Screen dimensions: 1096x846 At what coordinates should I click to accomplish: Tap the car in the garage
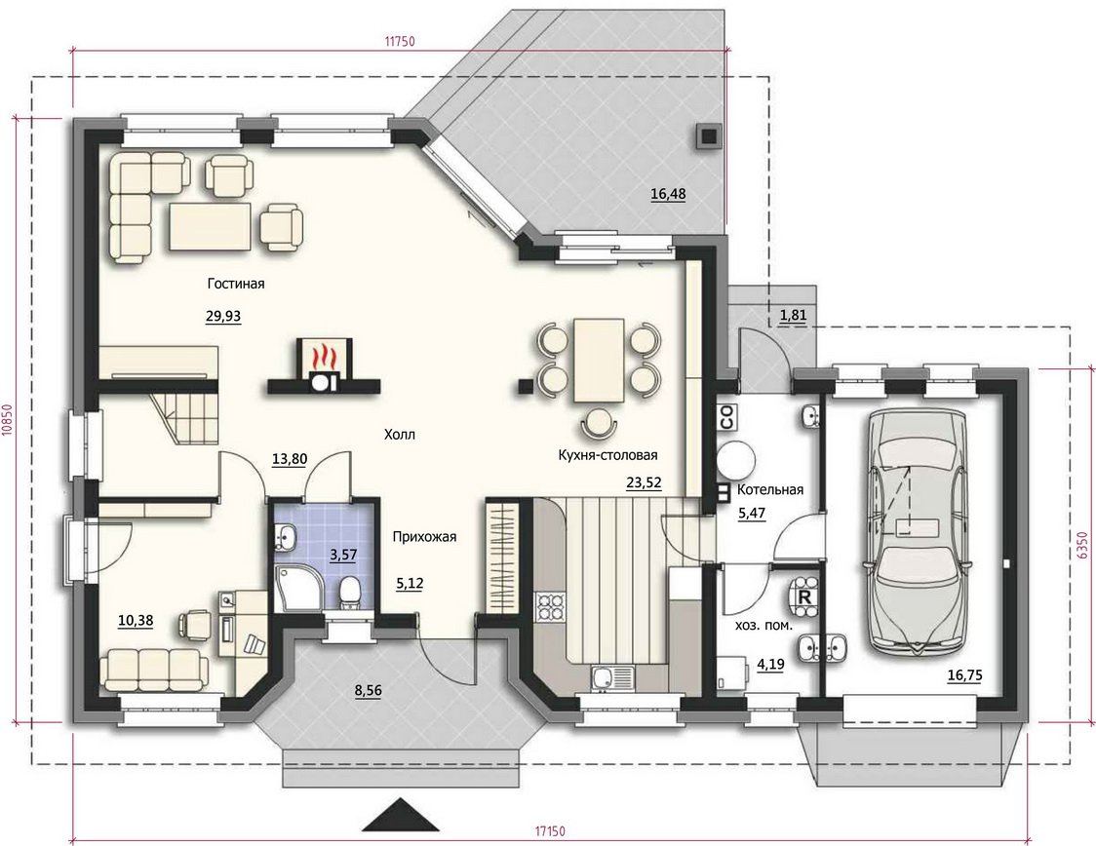point(915,532)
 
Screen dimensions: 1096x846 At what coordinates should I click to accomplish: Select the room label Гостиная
point(236,284)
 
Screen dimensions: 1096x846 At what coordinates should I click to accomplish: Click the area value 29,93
point(223,316)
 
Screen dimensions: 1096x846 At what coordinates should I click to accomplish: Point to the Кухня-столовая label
point(607,455)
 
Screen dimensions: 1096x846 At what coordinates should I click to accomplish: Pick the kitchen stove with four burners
point(549,607)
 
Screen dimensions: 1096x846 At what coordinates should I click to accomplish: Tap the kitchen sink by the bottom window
point(611,677)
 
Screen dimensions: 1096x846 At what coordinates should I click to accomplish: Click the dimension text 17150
point(550,831)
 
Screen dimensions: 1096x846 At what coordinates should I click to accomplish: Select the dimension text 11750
point(400,41)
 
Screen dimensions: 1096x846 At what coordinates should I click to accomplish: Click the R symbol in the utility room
point(804,597)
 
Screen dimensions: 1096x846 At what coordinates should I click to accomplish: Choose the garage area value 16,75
point(964,675)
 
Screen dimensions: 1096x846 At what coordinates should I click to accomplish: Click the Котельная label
point(770,489)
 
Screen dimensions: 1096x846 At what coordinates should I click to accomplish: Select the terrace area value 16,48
point(668,194)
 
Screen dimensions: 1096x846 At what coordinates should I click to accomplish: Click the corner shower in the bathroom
point(296,589)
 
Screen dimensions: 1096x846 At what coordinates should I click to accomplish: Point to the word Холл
point(399,435)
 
